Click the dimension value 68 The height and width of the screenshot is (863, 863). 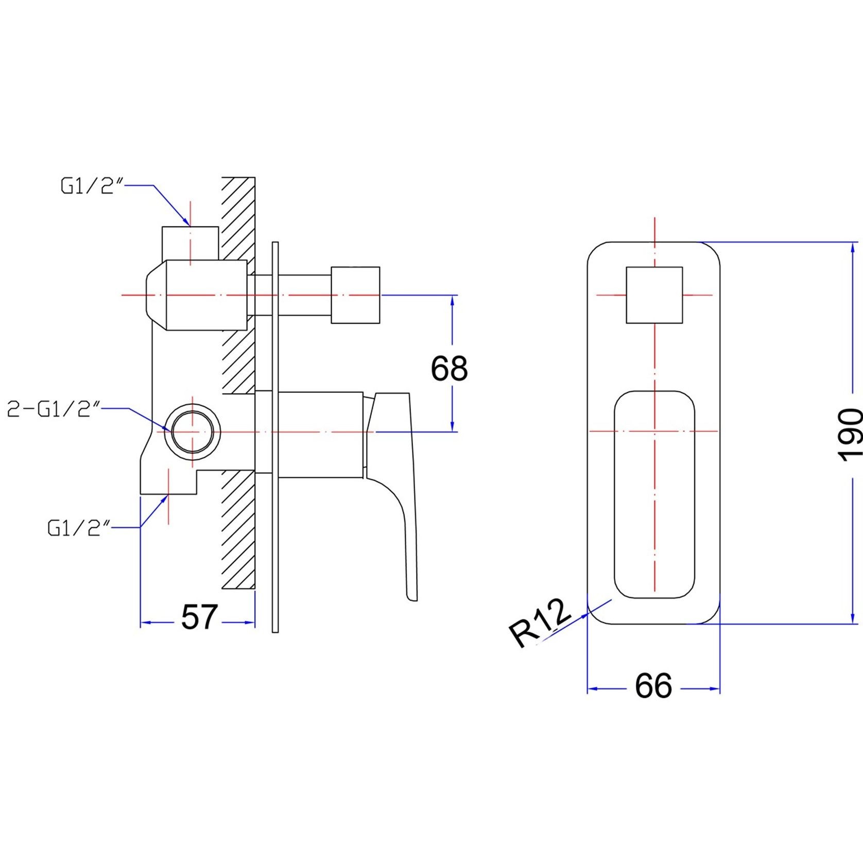coord(449,368)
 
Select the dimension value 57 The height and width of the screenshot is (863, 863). coord(199,616)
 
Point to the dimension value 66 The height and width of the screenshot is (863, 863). coord(653,685)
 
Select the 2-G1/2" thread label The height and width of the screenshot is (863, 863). coord(54,409)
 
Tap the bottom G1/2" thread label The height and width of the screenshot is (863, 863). coord(79,528)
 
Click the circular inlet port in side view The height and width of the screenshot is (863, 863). coord(193,431)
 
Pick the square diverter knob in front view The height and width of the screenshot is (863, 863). coord(654,295)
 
